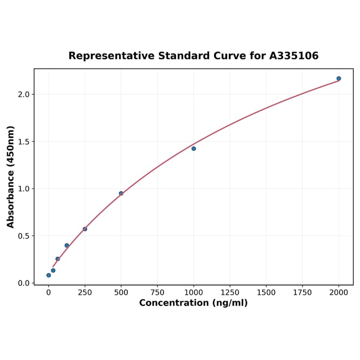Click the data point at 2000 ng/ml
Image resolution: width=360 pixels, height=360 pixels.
point(339,78)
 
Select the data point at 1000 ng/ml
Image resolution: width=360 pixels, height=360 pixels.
point(194,148)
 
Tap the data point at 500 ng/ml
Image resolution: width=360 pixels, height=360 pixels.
point(121,193)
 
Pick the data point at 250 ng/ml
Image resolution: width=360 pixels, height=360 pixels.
point(85,229)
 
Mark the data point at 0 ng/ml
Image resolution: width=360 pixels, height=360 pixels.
point(49,275)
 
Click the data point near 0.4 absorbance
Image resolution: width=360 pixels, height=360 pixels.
point(67,245)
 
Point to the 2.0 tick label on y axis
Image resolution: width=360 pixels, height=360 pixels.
point(24,94)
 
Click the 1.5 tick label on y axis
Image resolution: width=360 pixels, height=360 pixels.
point(24,141)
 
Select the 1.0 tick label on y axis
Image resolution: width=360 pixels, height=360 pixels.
point(24,188)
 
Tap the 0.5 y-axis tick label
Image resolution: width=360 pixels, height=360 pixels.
point(24,236)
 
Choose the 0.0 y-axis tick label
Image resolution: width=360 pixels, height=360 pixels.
point(24,283)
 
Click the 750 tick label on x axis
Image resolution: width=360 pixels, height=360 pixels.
point(157,293)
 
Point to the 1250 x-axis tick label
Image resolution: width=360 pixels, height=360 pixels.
point(230,293)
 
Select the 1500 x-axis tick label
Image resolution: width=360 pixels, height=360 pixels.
point(266,293)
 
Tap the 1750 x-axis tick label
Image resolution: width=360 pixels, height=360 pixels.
point(303,293)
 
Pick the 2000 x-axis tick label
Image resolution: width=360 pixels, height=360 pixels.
point(339,293)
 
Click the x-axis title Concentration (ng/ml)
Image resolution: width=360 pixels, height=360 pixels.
point(193,303)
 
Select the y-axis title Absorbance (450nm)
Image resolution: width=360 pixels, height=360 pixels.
point(10,177)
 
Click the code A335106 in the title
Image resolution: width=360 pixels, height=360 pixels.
point(294,56)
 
